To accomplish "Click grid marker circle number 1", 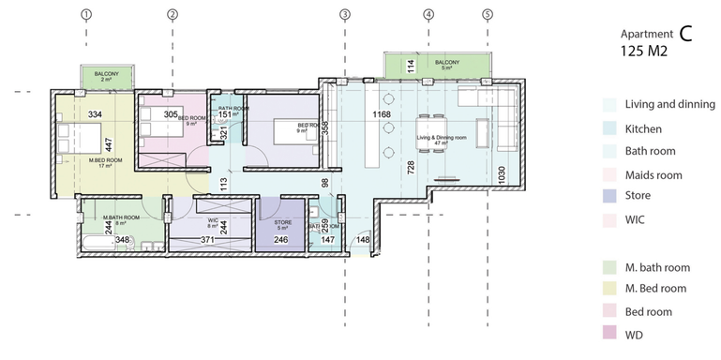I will (86, 14).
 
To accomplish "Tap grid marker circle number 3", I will (345, 14).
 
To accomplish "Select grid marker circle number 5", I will (487, 14).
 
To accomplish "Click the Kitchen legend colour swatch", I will (610, 128).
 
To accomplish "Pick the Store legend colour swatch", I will (610, 196).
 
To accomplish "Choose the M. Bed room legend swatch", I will (610, 289).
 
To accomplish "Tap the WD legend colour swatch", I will (610, 334).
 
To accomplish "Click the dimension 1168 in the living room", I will (381, 114).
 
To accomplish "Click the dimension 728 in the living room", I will (410, 166).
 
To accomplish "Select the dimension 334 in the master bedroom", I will (95, 114).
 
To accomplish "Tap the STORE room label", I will (283, 222).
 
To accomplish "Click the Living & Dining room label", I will (440, 138).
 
